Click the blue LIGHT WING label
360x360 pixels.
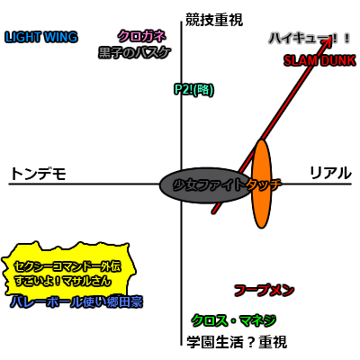[x=41, y=37]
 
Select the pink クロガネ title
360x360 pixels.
[x=141, y=37]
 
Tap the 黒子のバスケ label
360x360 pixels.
[x=135, y=52]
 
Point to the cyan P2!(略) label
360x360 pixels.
[x=193, y=89]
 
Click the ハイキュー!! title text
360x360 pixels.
[x=310, y=39]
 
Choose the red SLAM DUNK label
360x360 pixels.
[x=319, y=60]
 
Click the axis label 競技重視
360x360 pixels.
[x=214, y=20]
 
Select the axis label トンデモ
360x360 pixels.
[x=38, y=174]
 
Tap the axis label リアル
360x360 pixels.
[x=330, y=173]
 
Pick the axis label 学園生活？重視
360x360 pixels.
[x=237, y=342]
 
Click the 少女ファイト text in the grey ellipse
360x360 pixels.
[x=209, y=185]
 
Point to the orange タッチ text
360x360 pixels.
[x=264, y=184]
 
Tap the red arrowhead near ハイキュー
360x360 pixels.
[x=328, y=41]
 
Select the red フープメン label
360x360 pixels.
[x=264, y=291]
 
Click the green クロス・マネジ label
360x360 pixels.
[x=233, y=320]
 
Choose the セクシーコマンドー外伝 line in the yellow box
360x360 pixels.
[x=67, y=266]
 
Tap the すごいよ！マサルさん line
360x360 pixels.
[x=63, y=281]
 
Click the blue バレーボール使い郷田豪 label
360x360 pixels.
[x=76, y=301]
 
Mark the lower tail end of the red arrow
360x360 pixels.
[x=213, y=212]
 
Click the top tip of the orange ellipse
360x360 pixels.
[x=262, y=139]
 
